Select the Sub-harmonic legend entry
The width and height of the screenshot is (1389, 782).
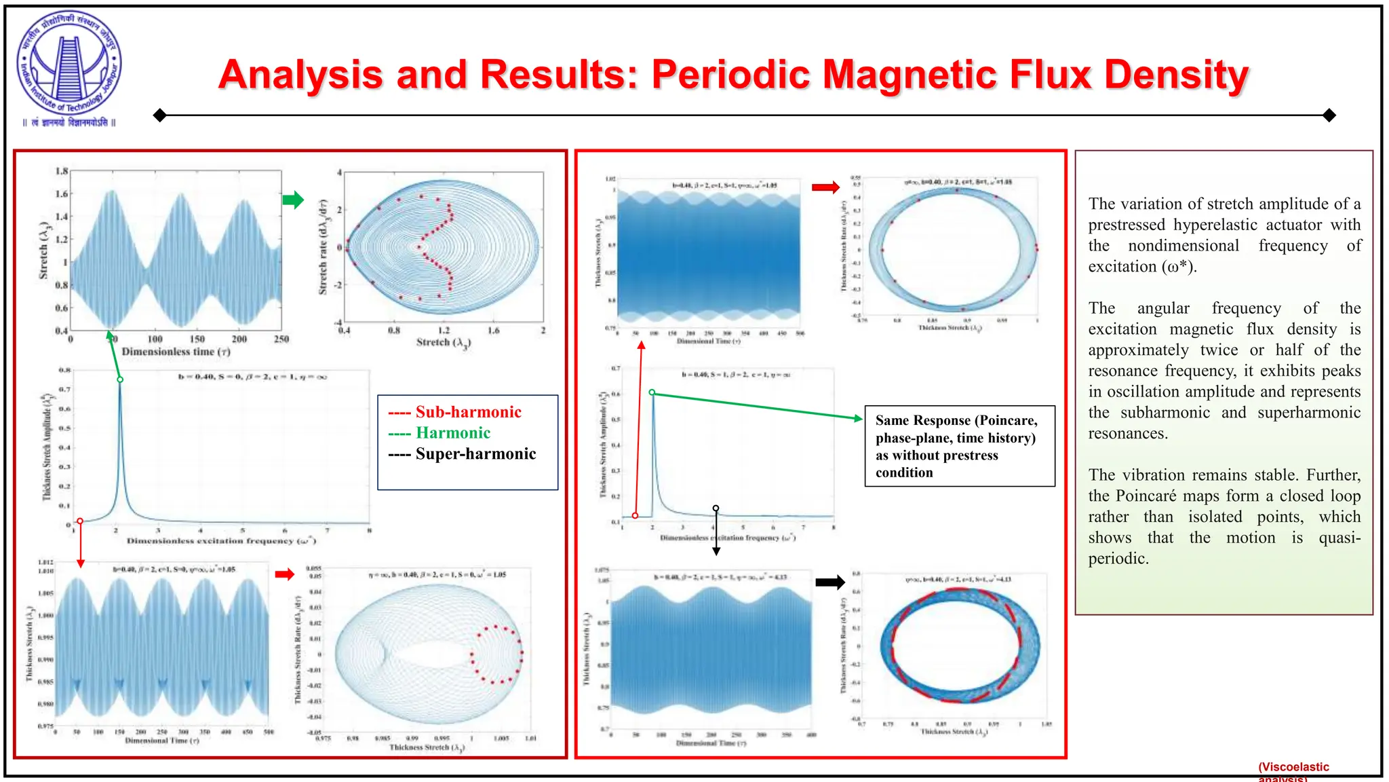(x=454, y=412)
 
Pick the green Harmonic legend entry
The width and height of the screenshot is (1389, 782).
(x=439, y=433)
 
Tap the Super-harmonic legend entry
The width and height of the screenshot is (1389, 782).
(x=462, y=454)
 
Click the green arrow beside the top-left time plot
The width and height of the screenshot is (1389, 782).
(x=293, y=200)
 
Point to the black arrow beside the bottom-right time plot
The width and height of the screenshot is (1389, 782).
(x=829, y=582)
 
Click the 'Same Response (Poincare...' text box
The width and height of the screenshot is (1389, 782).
(x=959, y=446)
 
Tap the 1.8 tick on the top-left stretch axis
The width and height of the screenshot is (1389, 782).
(x=62, y=171)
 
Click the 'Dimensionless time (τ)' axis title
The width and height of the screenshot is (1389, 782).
(x=176, y=352)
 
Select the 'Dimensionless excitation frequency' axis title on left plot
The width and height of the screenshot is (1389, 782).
(x=221, y=541)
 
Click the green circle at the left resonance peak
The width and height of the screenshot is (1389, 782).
(x=120, y=379)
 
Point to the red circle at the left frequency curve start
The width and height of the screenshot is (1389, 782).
(x=80, y=521)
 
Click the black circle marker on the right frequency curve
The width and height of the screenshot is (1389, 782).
(x=716, y=508)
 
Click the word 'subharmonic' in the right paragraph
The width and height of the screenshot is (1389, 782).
(x=1165, y=413)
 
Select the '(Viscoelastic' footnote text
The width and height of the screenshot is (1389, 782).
(x=1293, y=767)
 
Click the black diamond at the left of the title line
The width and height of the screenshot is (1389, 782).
(x=160, y=115)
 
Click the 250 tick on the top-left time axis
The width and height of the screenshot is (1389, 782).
(x=281, y=339)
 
